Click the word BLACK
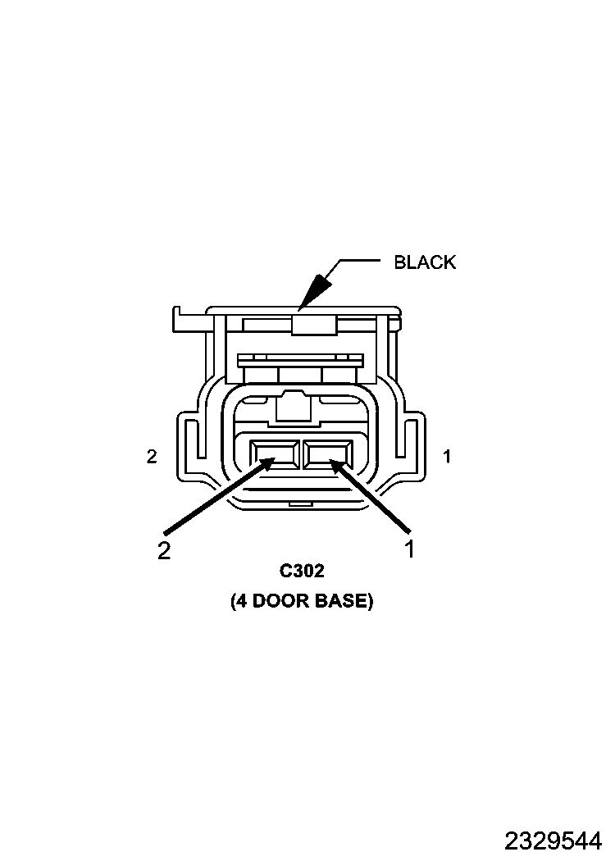point(425,262)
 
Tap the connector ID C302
point(302,571)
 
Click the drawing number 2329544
point(553,840)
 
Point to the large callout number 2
point(164,551)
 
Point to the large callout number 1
point(409,549)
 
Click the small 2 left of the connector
point(152,456)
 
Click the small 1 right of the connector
point(447,456)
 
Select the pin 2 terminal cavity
point(275,454)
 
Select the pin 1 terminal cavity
point(328,454)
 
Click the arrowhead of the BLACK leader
point(317,290)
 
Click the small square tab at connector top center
point(314,323)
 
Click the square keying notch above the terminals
point(294,407)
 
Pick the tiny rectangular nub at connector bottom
point(300,503)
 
